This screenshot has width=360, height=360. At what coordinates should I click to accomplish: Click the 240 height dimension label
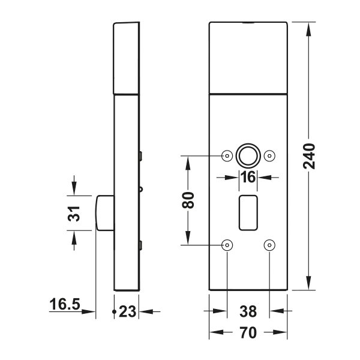[x=309, y=156]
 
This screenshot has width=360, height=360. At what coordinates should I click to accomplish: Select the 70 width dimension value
[x=248, y=332]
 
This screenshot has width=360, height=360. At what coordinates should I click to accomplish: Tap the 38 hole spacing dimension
[x=248, y=311]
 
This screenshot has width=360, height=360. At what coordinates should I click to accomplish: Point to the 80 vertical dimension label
[x=188, y=200]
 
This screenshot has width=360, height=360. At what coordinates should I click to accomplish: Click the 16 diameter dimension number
[x=248, y=177]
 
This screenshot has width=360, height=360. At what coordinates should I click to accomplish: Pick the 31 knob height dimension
[x=74, y=214]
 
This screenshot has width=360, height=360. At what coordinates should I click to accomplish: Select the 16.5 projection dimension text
[x=65, y=304]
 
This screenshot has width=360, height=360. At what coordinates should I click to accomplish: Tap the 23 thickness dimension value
[x=128, y=311]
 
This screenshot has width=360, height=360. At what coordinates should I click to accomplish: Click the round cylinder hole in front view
[x=248, y=155]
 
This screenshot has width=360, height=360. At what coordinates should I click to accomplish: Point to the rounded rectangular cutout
[x=248, y=213]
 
